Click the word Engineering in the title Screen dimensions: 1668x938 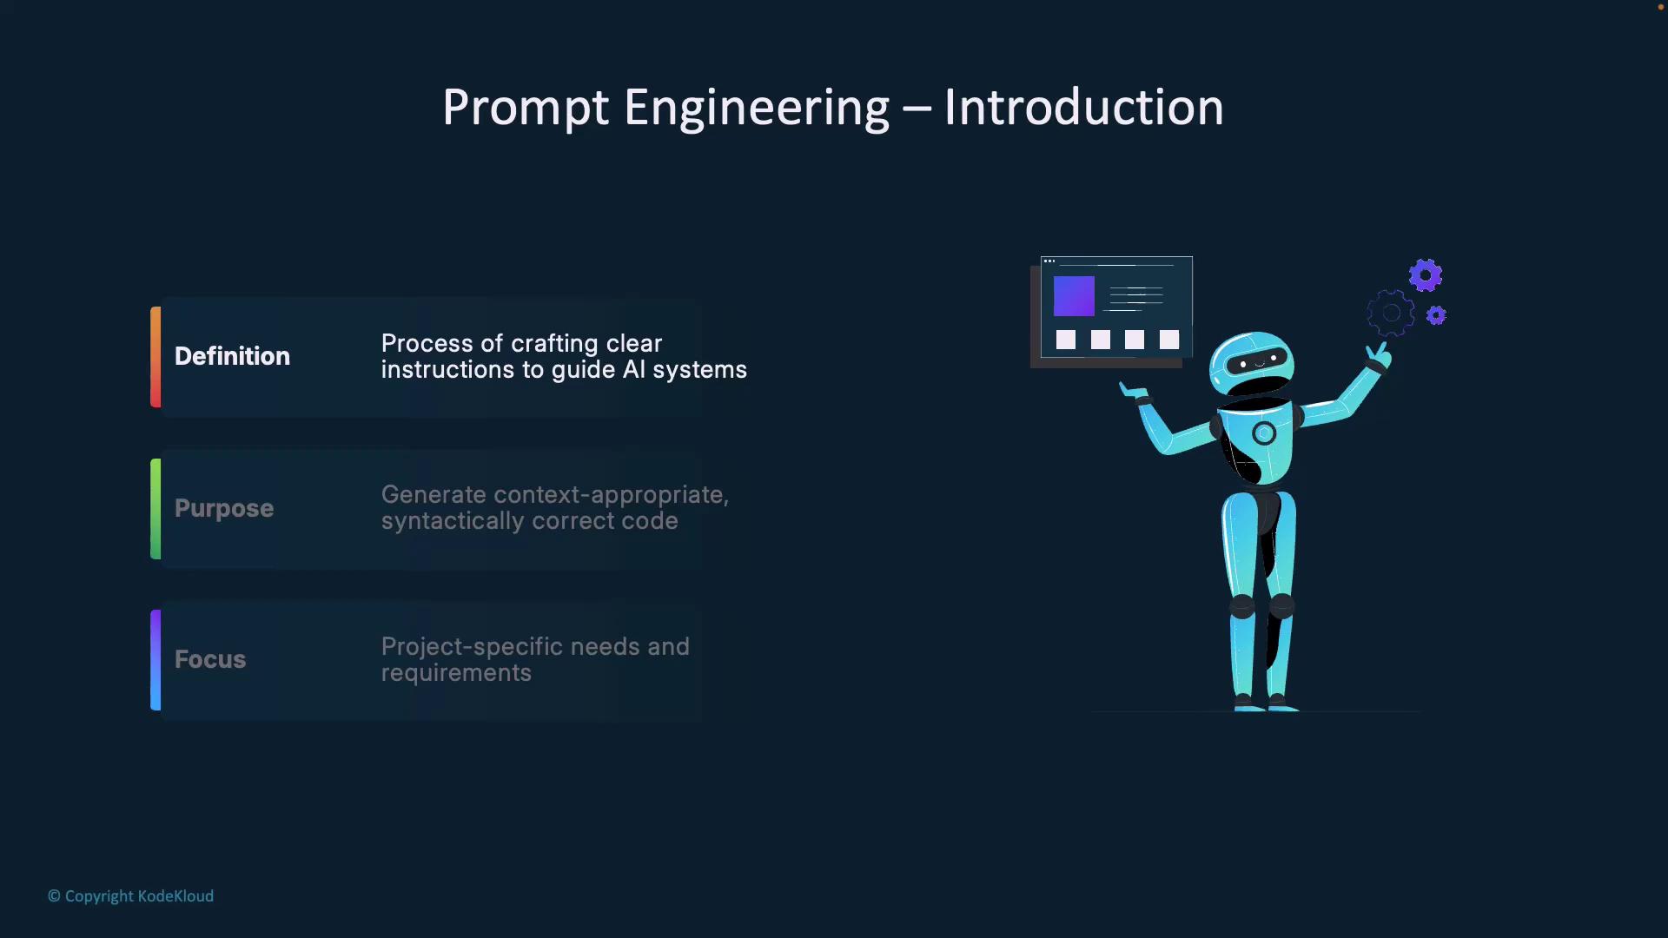click(x=757, y=109)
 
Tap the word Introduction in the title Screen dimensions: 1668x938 click(x=1083, y=108)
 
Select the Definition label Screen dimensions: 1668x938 click(x=232, y=356)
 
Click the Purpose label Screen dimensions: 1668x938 click(x=224, y=509)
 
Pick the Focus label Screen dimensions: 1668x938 click(x=210, y=659)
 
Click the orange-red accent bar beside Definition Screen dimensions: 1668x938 click(x=156, y=357)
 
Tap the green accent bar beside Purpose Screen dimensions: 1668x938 click(x=156, y=509)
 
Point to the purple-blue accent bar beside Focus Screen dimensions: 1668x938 click(x=156, y=660)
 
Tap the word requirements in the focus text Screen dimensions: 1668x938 click(x=456, y=674)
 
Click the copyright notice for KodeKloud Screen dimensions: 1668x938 click(x=130, y=896)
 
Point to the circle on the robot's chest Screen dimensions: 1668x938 click(x=1264, y=433)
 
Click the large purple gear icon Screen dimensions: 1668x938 click(x=1426, y=276)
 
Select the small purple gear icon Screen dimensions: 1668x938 click(x=1437, y=315)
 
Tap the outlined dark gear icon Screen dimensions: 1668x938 click(x=1391, y=314)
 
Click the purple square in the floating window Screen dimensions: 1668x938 click(x=1074, y=296)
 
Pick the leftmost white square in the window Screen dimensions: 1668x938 click(x=1066, y=340)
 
